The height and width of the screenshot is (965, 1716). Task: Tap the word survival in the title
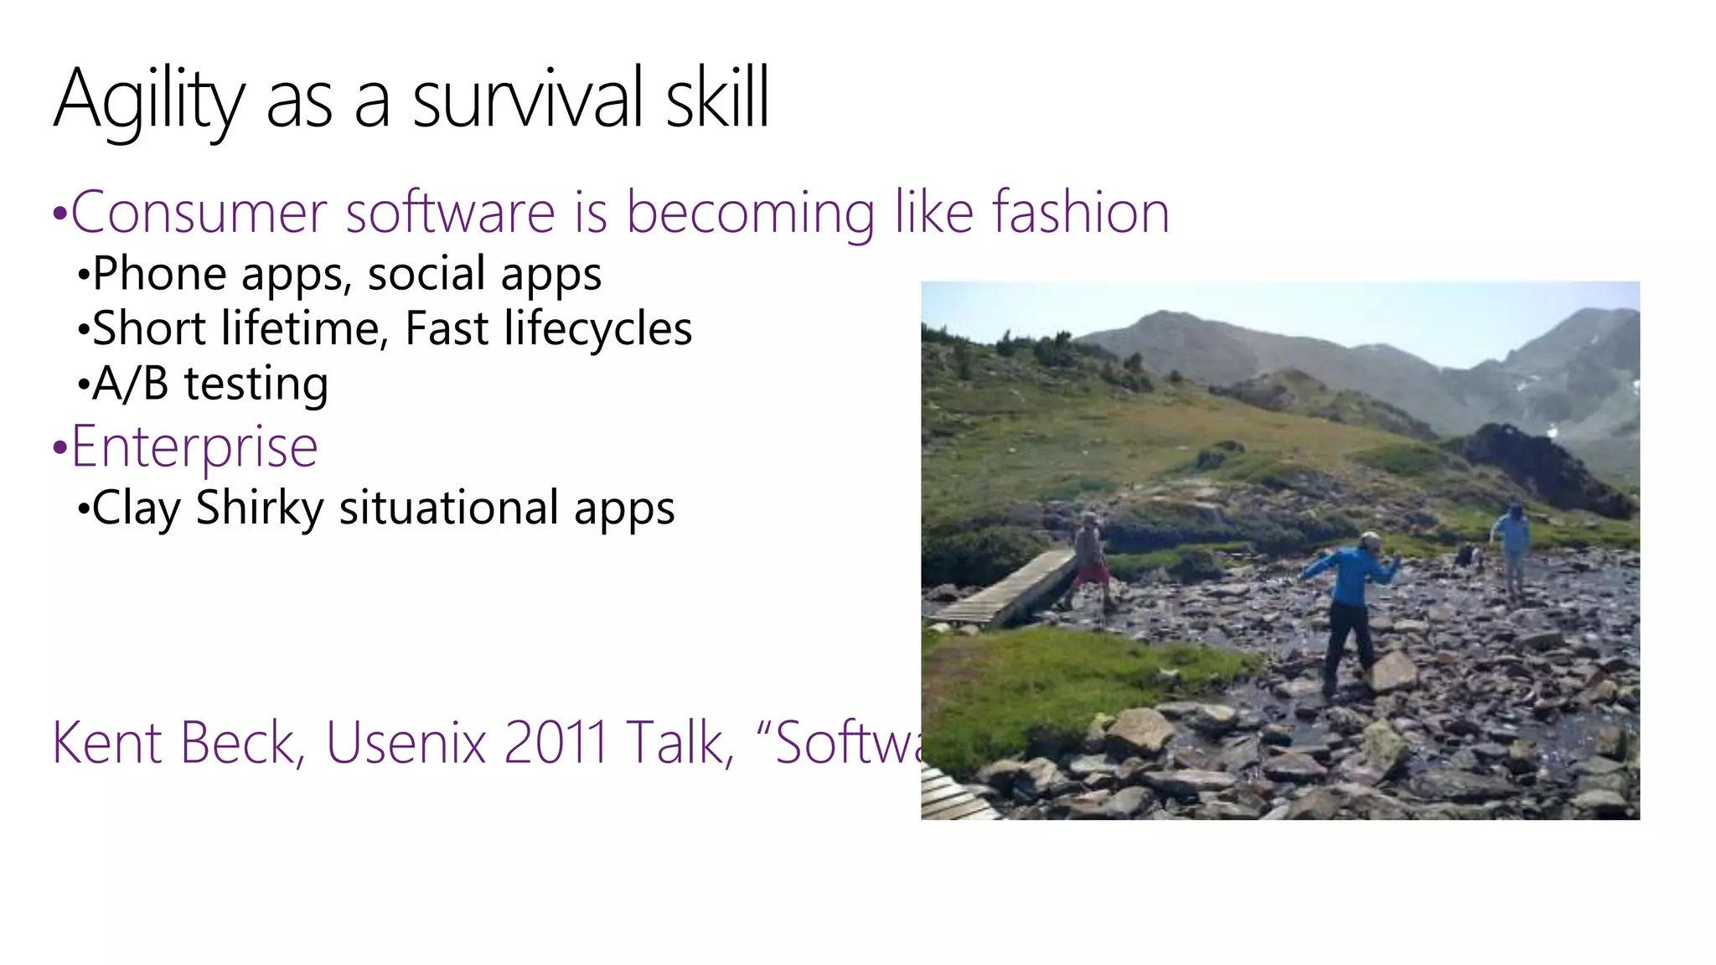(528, 99)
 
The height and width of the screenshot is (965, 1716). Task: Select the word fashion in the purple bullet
(1081, 212)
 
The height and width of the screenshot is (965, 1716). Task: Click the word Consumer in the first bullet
(198, 212)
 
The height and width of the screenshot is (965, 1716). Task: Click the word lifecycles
(597, 328)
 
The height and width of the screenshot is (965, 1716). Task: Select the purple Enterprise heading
(194, 446)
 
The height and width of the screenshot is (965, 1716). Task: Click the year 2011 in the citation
(556, 742)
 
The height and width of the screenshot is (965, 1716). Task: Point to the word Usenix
(406, 742)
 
